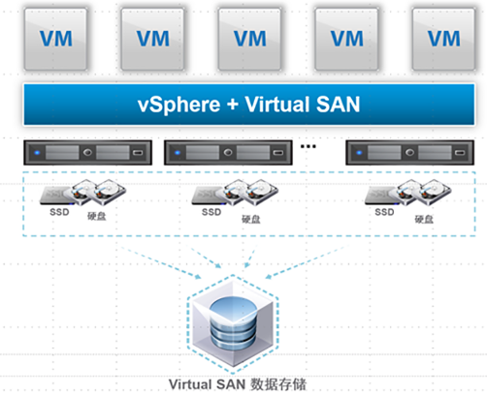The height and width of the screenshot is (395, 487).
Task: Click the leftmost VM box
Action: click(x=55, y=39)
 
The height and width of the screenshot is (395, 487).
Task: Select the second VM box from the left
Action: click(x=152, y=39)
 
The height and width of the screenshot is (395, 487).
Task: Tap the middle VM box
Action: click(x=249, y=39)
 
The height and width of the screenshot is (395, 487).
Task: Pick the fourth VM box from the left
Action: click(x=346, y=39)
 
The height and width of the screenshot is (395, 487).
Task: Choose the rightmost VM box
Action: click(x=443, y=39)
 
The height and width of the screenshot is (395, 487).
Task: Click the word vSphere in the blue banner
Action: click(x=179, y=106)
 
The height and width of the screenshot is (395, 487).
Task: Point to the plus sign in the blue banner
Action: click(x=233, y=105)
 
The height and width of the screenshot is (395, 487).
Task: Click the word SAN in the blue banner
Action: click(x=338, y=105)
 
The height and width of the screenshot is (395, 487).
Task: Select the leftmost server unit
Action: click(x=87, y=152)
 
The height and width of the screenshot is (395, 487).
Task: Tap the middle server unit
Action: click(x=228, y=152)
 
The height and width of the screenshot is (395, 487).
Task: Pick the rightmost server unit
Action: click(x=410, y=152)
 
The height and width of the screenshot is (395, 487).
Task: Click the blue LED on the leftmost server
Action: click(x=37, y=152)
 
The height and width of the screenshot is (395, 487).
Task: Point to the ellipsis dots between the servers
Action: click(x=308, y=146)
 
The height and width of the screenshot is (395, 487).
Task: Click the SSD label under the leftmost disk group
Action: click(x=59, y=212)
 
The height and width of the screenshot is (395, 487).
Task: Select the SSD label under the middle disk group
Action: click(x=211, y=212)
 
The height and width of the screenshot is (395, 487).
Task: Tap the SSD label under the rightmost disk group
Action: click(x=384, y=212)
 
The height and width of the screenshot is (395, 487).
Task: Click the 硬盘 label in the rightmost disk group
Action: click(x=424, y=220)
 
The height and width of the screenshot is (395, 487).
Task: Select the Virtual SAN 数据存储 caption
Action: click(x=238, y=384)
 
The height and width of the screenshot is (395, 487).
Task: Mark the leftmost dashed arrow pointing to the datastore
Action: click(x=161, y=262)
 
